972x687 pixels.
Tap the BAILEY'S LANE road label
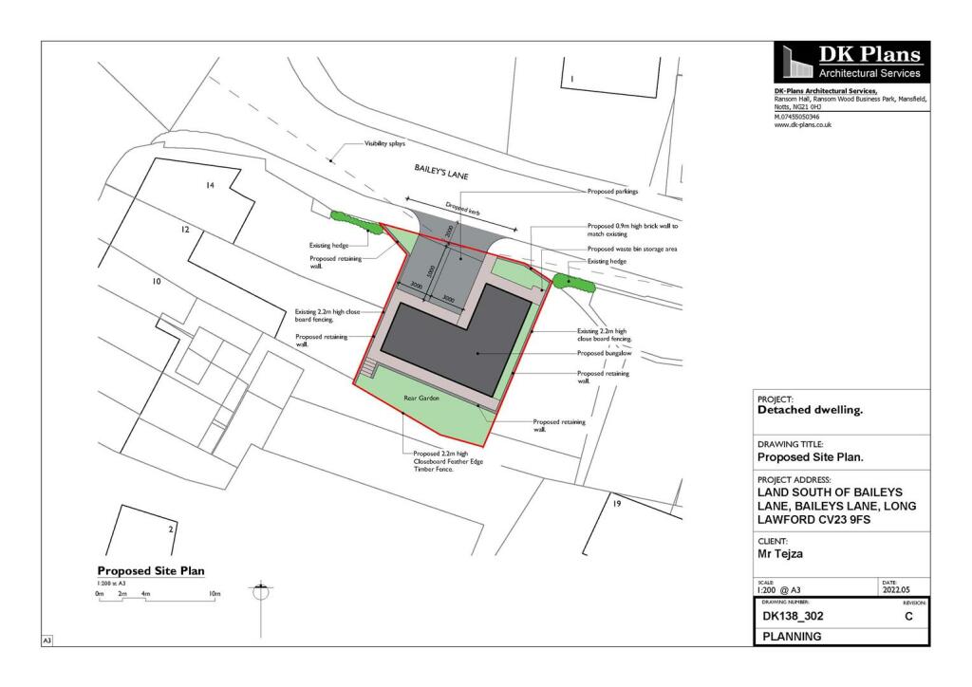(440, 175)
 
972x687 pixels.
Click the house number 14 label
(211, 186)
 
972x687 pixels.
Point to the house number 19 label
(616, 503)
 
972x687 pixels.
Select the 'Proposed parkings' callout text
(613, 192)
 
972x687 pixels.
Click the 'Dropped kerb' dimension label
(464, 209)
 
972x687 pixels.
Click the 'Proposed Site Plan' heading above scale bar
(151, 570)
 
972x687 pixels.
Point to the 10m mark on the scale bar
(215, 594)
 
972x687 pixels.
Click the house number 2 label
(170, 529)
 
